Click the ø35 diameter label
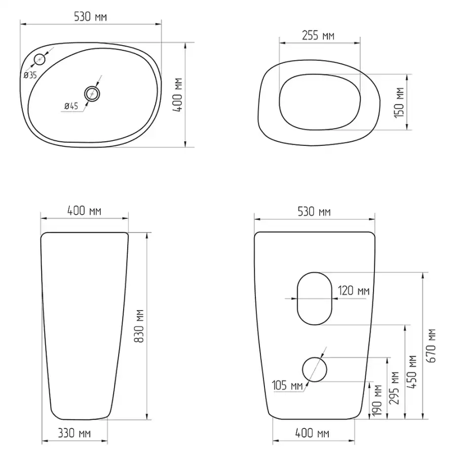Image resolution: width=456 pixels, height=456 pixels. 30,75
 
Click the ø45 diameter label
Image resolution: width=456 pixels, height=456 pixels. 71,106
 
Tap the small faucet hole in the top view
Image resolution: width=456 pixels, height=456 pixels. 40,59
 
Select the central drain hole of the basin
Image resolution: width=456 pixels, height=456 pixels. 92,94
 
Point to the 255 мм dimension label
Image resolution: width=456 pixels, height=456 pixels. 318,35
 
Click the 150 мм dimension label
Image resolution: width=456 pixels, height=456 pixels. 400,103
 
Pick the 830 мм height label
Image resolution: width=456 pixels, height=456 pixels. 139,326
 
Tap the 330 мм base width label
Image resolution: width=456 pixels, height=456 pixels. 74,433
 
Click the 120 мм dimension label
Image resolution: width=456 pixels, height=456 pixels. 354,290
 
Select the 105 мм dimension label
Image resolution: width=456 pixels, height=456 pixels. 287,386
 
